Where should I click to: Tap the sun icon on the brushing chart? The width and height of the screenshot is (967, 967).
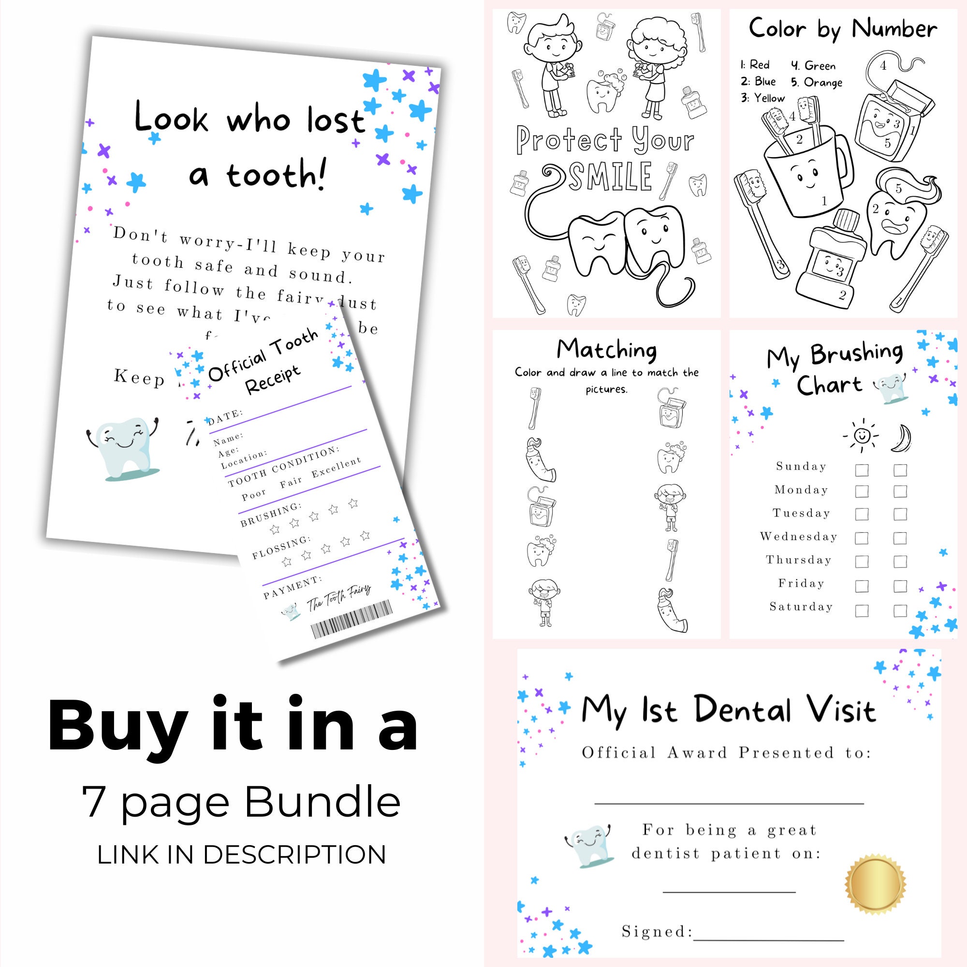[x=861, y=435]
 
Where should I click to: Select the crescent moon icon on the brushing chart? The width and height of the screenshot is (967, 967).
[x=901, y=438]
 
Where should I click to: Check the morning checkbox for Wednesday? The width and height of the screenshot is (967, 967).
[x=862, y=538]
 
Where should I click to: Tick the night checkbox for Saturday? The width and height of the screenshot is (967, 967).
[x=900, y=611]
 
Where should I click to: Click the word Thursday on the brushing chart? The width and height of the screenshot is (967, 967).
[x=798, y=559]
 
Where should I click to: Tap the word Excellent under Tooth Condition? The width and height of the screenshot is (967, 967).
[x=336, y=468]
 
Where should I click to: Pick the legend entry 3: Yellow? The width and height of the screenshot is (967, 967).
[x=763, y=98]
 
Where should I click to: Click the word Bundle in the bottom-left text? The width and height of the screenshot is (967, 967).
[x=322, y=803]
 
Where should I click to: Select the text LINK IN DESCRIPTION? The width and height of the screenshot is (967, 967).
[x=242, y=855]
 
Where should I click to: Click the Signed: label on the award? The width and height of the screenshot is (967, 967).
[x=657, y=932]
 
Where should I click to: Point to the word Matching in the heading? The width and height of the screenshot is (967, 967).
[x=607, y=350]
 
